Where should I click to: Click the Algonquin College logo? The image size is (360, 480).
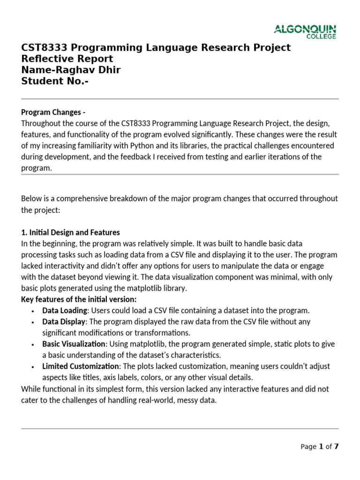tap(305, 32)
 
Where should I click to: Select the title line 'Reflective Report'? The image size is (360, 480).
tap(67, 59)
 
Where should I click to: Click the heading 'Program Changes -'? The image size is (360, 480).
tap(53, 112)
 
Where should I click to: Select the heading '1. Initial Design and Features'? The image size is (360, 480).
tap(70, 232)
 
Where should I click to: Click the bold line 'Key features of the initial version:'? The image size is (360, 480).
tap(79, 300)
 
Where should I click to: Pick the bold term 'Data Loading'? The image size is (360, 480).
tap(65, 311)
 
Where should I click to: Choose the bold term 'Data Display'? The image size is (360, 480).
tap(64, 322)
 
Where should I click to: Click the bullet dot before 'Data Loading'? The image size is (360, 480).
tap(32, 311)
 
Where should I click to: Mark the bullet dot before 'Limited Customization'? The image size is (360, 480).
tap(32, 367)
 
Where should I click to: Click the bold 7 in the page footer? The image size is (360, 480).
tap(336, 447)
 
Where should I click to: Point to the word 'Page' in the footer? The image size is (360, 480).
tap(308, 447)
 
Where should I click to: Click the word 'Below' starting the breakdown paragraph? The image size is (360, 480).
tap(30, 199)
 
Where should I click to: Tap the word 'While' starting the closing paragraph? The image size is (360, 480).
tap(30, 389)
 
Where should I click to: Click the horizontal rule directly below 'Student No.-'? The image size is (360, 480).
tap(180, 99)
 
